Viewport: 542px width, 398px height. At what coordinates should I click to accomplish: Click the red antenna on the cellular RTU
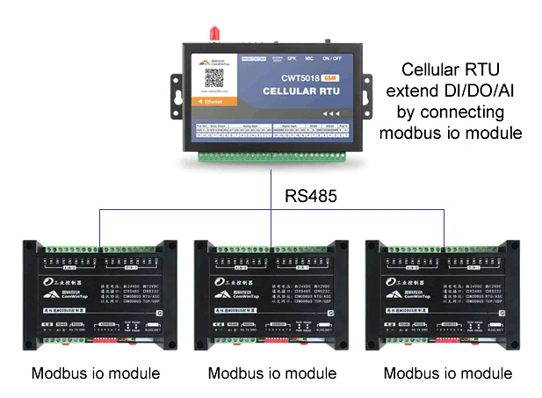213,34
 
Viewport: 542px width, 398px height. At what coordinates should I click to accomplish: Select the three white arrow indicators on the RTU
331,114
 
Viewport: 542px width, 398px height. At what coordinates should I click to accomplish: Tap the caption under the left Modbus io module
96,373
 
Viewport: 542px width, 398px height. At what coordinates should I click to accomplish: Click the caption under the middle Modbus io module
272,373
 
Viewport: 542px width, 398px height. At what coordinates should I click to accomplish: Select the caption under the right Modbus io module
448,373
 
